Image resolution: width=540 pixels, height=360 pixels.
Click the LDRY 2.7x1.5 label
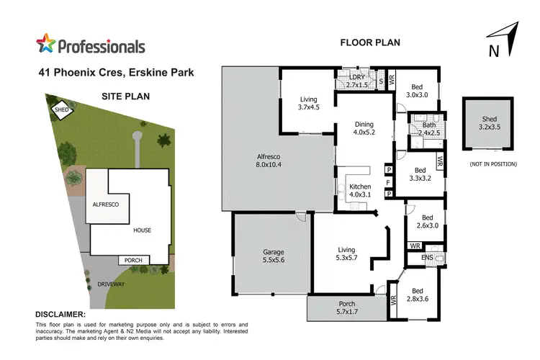click(x=357, y=81)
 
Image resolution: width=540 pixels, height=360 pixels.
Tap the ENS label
click(x=428, y=257)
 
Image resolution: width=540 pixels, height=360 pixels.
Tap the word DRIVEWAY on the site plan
click(x=112, y=284)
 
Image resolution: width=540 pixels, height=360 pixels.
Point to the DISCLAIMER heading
click(x=60, y=315)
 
